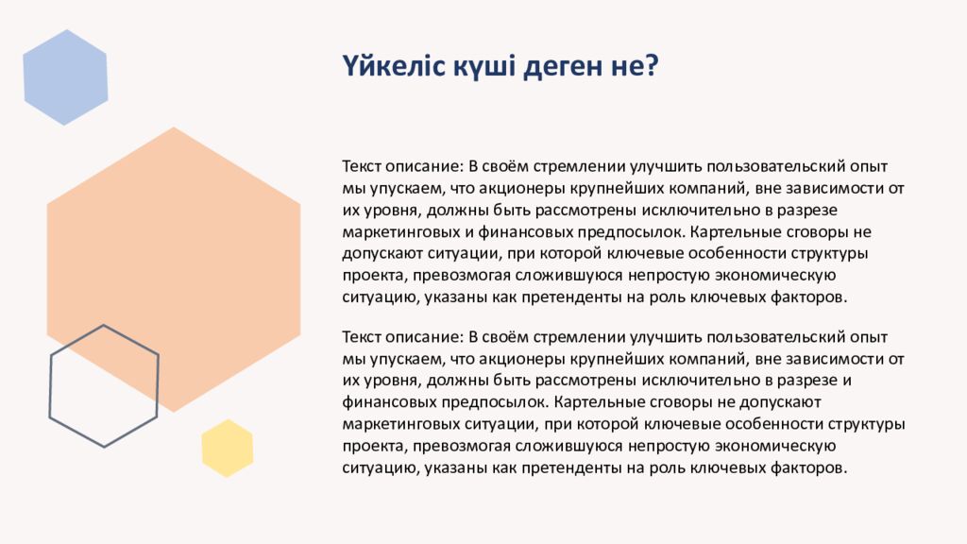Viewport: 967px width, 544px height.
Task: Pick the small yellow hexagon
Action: click(228, 448)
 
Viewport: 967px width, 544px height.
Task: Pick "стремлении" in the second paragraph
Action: click(568, 337)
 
